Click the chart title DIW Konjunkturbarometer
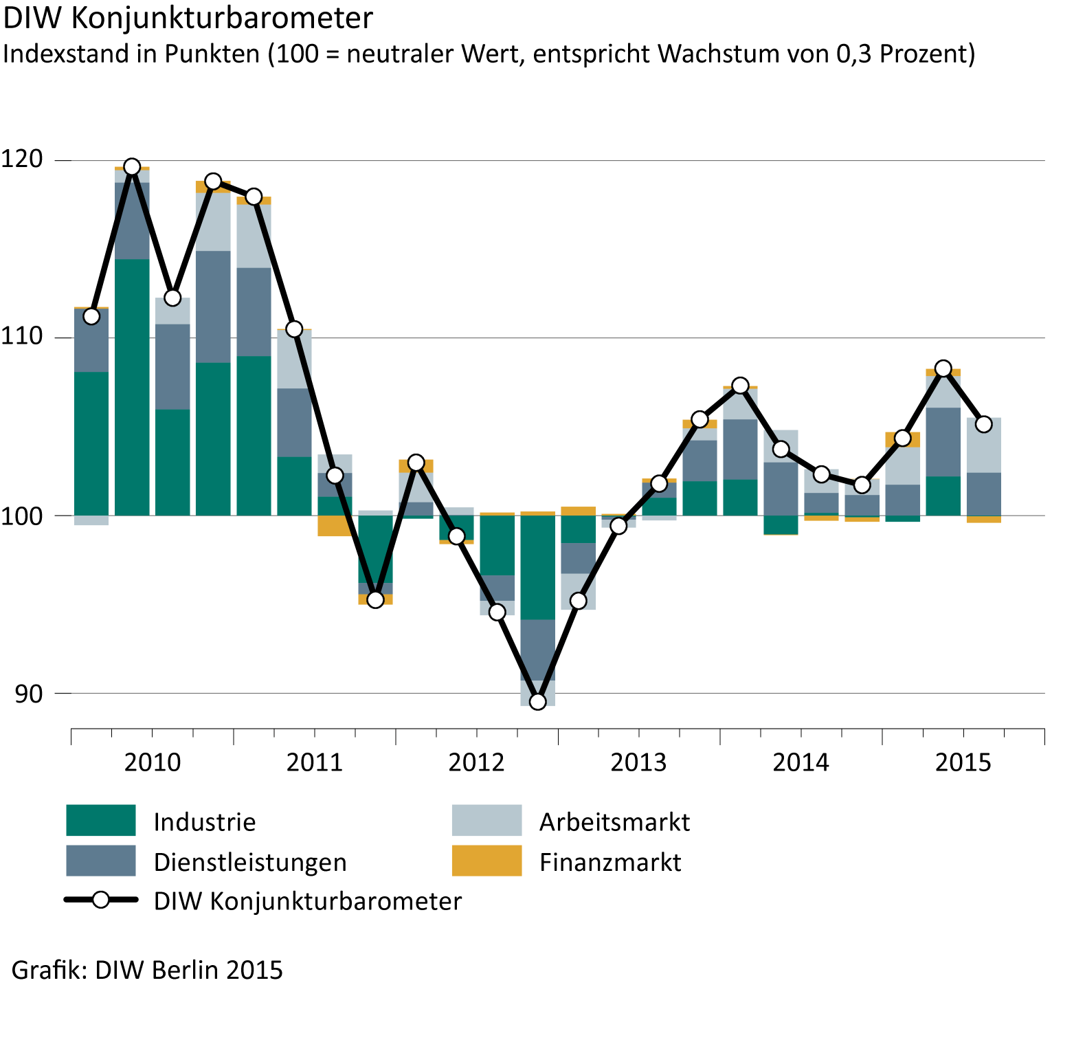point(188,19)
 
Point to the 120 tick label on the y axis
point(21,159)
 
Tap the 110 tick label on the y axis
point(21,337)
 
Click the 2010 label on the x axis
point(152,762)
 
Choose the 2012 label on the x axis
point(476,762)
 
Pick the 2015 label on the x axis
point(963,762)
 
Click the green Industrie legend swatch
point(100,821)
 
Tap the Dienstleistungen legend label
point(250,862)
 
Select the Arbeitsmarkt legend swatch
point(486,821)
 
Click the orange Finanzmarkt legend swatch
point(486,861)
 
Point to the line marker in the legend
point(101,900)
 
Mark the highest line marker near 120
point(132,167)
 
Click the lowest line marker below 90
point(537,701)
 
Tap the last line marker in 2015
point(983,424)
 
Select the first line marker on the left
point(91,316)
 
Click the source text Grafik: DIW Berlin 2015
point(147,970)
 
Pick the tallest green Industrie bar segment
point(132,387)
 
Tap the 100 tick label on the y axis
point(21,515)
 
